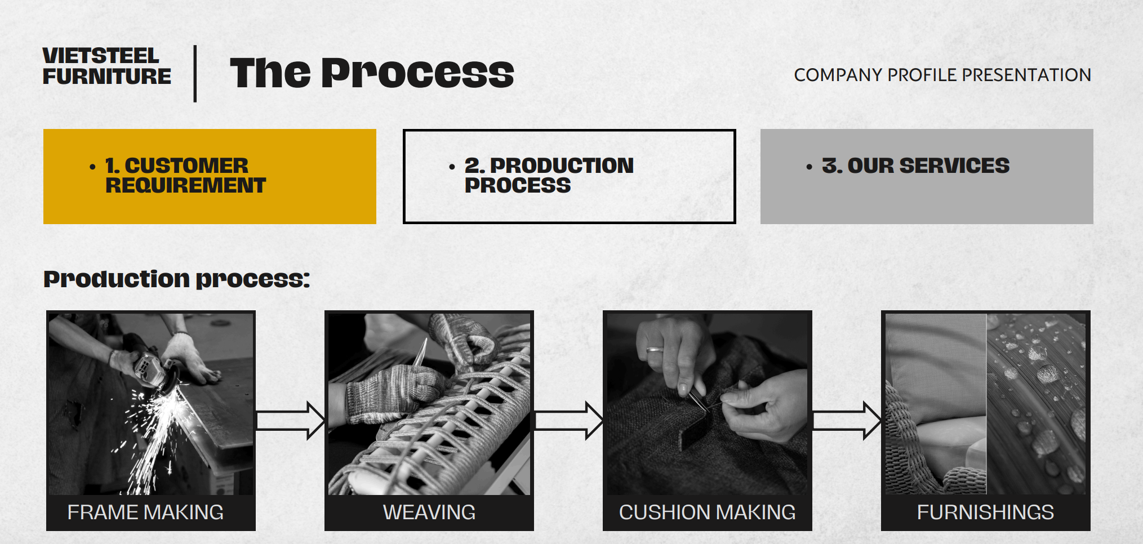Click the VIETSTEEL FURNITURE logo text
tap(106, 66)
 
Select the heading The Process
tap(372, 73)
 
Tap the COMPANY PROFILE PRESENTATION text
tap(942, 75)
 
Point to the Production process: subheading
tap(176, 279)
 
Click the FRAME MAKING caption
tap(145, 512)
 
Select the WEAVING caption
tap(429, 512)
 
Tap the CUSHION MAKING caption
tap(707, 512)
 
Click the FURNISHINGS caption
tap(985, 512)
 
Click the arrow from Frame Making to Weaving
tap(290, 421)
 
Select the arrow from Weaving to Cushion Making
tap(568, 421)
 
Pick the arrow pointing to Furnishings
tap(846, 421)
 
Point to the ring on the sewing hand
tap(655, 350)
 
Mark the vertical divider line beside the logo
tap(195, 74)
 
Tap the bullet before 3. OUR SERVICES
tap(809, 167)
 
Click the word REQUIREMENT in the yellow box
tap(185, 185)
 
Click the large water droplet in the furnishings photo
tap(1048, 373)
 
